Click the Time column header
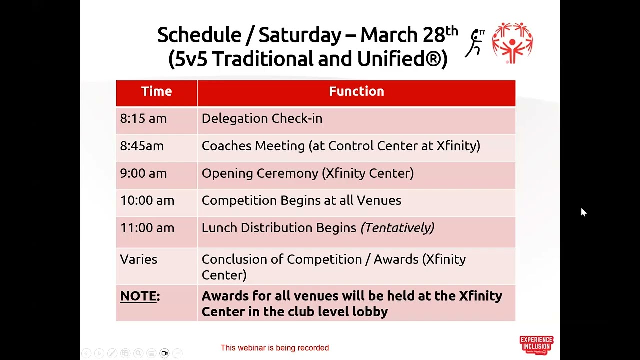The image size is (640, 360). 156,92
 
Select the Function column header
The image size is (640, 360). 356,92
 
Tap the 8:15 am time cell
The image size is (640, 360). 143,119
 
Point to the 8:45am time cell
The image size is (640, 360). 142,146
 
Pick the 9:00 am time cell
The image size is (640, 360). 143,173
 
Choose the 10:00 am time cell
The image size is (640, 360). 147,200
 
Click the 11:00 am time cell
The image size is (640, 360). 147,228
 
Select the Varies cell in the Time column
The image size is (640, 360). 138,259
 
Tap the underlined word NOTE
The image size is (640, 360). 138,296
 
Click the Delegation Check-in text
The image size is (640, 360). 262,119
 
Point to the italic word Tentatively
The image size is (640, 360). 397,228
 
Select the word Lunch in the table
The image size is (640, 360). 219,228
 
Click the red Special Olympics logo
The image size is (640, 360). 512,42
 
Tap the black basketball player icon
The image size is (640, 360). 476,43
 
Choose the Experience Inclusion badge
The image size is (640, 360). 536,345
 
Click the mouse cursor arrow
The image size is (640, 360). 583,212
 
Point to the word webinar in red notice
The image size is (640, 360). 252,348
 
